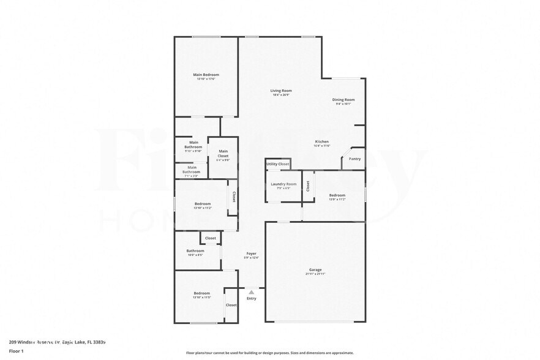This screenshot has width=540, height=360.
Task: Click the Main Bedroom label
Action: pyautogui.click(x=206, y=75)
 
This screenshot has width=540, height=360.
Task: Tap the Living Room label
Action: pyautogui.click(x=281, y=91)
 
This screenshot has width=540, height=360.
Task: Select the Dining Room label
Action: pyautogui.click(x=343, y=100)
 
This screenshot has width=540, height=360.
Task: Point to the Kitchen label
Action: pyautogui.click(x=322, y=141)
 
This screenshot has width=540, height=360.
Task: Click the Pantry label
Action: pyautogui.click(x=354, y=159)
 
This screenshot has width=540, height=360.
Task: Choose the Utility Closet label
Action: pyautogui.click(x=277, y=164)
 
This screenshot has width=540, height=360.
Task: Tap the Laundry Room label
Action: pyautogui.click(x=283, y=184)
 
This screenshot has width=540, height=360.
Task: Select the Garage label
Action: pyautogui.click(x=315, y=269)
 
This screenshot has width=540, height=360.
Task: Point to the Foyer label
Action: pyautogui.click(x=251, y=253)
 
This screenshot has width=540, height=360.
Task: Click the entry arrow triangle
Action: pyautogui.click(x=251, y=292)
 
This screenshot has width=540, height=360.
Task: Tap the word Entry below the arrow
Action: pyautogui.click(x=251, y=298)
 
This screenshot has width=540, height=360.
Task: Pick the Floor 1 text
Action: pyautogui.click(x=16, y=351)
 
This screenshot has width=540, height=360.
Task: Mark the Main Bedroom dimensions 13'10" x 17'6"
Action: pyautogui.click(x=206, y=79)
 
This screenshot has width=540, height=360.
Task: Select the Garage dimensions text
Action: pyautogui.click(x=315, y=274)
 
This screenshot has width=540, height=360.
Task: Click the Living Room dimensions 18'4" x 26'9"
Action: pyautogui.click(x=281, y=95)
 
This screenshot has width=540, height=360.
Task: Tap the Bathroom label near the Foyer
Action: pyautogui.click(x=195, y=250)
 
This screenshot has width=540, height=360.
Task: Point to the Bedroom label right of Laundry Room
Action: pyautogui.click(x=337, y=195)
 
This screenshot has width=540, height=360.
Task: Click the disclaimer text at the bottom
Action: pyautogui.click(x=270, y=353)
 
